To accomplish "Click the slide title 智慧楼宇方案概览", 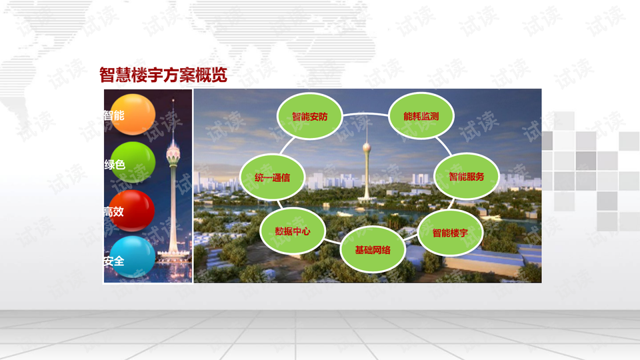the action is [x=163, y=75].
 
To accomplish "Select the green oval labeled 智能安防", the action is [x=310, y=116].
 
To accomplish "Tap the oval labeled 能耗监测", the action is [x=421, y=116].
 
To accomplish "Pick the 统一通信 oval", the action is [x=272, y=177].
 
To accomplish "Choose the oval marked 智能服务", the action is [x=467, y=176].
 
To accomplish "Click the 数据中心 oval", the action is [x=293, y=231].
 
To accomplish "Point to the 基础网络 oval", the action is [x=373, y=249].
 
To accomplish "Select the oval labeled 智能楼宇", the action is [x=450, y=233].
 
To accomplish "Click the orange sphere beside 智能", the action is [x=133, y=114].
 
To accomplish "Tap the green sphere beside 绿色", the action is [x=133, y=163].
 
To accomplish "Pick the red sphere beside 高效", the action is [x=132, y=211].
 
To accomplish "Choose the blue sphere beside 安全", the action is [x=133, y=257].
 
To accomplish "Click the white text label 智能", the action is [x=114, y=115].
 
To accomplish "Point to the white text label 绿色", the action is [x=115, y=165].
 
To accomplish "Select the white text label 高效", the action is [x=114, y=211].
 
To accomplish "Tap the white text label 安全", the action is [x=114, y=261].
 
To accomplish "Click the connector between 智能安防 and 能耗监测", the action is [x=365, y=113].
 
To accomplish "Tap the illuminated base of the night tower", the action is [x=174, y=255].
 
